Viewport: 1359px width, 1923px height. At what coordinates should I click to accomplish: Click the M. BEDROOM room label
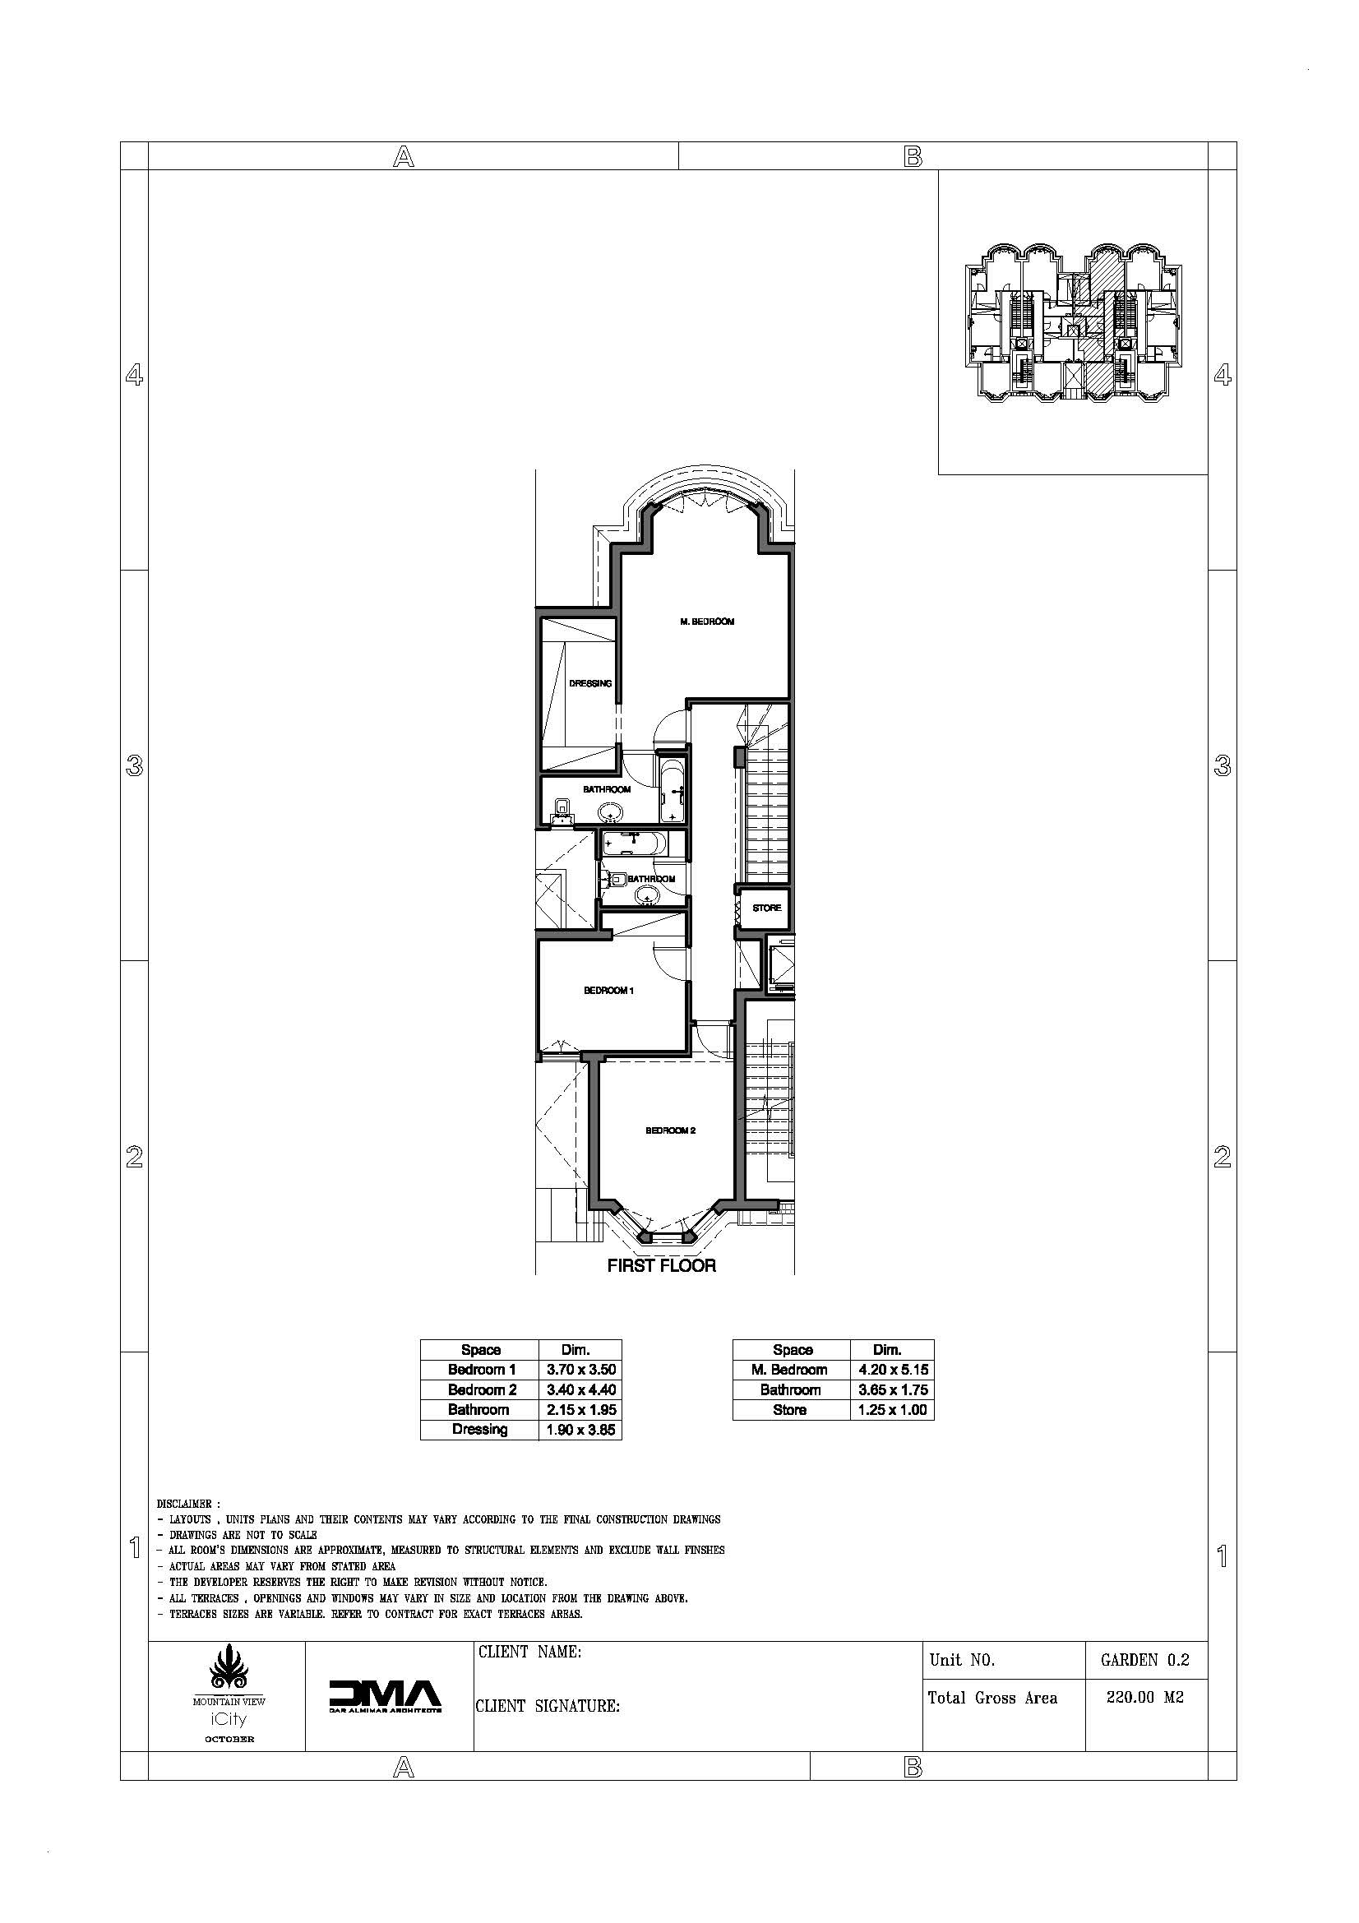(707, 622)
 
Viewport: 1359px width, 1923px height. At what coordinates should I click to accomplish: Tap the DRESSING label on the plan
(590, 683)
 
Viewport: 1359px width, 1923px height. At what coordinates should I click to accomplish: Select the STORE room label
(766, 908)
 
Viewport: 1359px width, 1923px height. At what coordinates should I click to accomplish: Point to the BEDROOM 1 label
(608, 991)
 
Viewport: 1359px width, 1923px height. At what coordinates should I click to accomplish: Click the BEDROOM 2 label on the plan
(671, 1130)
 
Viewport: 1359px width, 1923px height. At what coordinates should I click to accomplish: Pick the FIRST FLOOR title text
(662, 1265)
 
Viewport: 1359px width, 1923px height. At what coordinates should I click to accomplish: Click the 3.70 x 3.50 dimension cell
(581, 1371)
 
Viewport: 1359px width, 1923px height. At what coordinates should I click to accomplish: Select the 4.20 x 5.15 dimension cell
(894, 1371)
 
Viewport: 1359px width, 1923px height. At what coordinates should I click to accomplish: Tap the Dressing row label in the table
(480, 1430)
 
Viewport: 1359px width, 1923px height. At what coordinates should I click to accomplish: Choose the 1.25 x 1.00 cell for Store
(894, 1410)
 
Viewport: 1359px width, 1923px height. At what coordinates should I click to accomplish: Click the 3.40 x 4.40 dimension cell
(581, 1390)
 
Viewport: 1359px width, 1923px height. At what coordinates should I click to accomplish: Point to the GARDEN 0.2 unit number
(1145, 1660)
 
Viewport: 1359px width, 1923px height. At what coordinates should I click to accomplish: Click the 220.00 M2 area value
(1145, 1698)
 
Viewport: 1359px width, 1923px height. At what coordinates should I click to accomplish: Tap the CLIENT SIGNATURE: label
(548, 1706)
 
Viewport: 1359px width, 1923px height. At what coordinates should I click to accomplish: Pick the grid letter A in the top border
(404, 157)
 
